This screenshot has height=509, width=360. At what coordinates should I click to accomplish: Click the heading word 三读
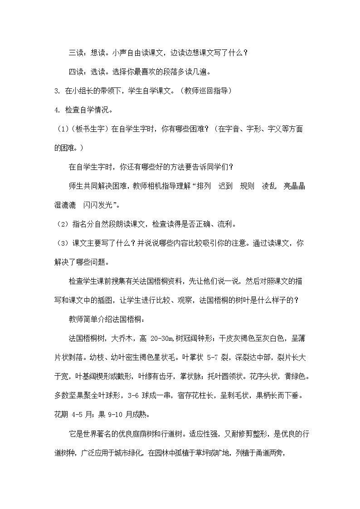click(x=75, y=53)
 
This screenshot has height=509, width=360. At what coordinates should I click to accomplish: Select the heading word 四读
click(x=75, y=72)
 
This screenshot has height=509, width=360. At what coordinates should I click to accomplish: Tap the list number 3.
click(x=56, y=91)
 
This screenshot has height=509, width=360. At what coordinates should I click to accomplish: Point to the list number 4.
click(x=56, y=110)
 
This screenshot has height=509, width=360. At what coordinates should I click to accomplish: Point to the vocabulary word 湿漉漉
click(x=65, y=205)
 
